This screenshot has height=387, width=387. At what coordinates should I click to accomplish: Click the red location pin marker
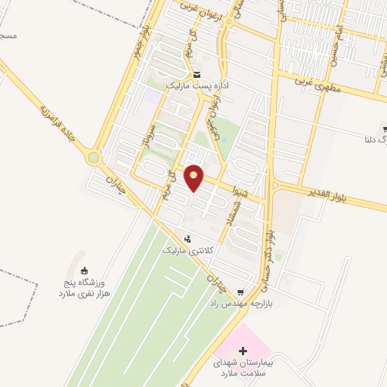click(x=194, y=177)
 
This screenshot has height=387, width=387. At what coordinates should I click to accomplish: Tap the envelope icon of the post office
click(x=197, y=75)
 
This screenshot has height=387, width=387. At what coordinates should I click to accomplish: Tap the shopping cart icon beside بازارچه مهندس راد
click(x=240, y=292)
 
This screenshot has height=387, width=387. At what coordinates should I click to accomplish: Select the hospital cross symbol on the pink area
click(x=243, y=351)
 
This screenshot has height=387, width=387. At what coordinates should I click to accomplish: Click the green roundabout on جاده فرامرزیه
click(x=94, y=158)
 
